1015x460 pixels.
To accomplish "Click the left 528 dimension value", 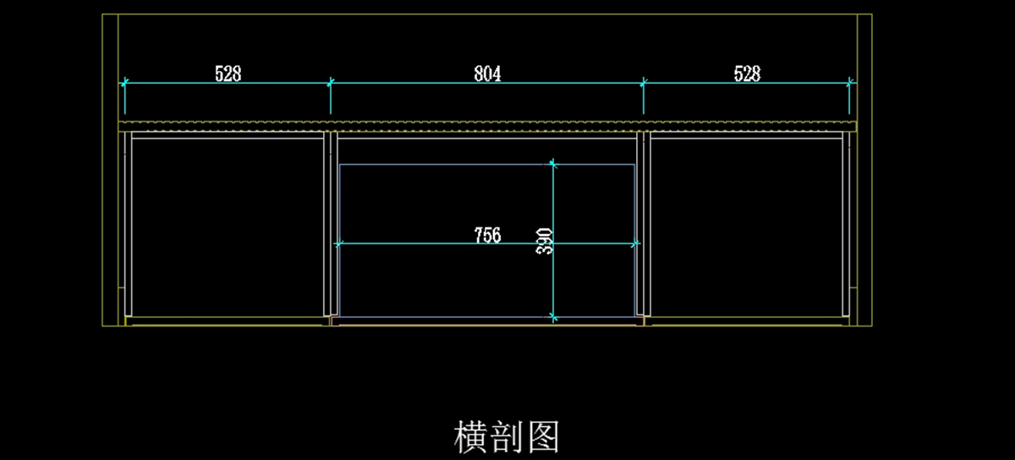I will pyautogui.click(x=228, y=74).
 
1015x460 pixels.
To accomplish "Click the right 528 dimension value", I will pyautogui.click(x=747, y=74).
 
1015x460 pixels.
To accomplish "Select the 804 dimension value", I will pyautogui.click(x=487, y=74).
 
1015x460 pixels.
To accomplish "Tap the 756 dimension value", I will pyautogui.click(x=487, y=235).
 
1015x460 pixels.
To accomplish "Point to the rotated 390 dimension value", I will pyautogui.click(x=546, y=241).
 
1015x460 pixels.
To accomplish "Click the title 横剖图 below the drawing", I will pyautogui.click(x=507, y=437).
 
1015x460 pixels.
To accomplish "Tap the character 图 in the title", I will pyautogui.click(x=542, y=437).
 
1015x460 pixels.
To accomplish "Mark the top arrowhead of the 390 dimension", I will pyautogui.click(x=553, y=163).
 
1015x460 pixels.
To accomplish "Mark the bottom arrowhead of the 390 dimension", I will pyautogui.click(x=553, y=317).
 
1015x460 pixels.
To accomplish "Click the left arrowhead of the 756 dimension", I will pyautogui.click(x=339, y=244).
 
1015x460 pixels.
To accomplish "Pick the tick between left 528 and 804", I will pyautogui.click(x=331, y=83).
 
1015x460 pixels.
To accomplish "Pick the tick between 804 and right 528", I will pyautogui.click(x=644, y=83).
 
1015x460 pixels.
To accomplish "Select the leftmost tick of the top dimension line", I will pyautogui.click(x=124, y=83).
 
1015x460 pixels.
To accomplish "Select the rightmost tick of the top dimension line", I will pyautogui.click(x=850, y=83).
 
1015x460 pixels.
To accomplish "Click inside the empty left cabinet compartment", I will pyautogui.click(x=227, y=224).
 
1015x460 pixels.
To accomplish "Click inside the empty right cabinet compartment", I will pyautogui.click(x=746, y=224).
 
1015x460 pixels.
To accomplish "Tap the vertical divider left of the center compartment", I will pyautogui.click(x=331, y=224).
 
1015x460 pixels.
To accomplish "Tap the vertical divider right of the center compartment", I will pyautogui.click(x=643, y=224).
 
